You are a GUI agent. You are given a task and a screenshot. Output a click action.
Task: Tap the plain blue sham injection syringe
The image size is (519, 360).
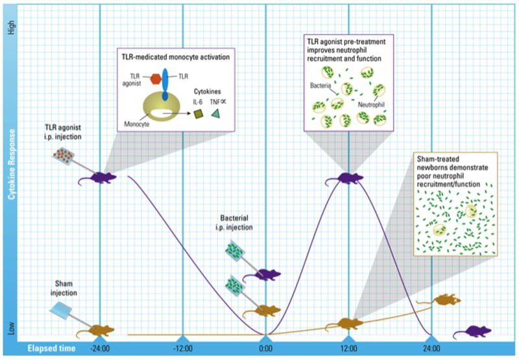point(63,314)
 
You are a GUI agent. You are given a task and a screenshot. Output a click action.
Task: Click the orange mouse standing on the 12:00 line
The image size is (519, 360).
point(348,322)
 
